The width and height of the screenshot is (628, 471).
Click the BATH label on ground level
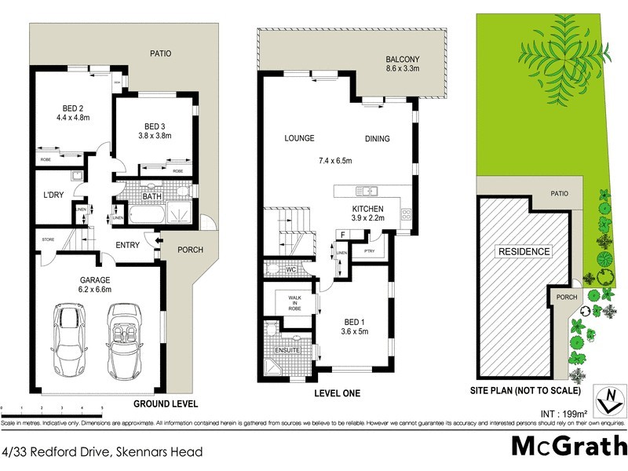[x=152, y=196]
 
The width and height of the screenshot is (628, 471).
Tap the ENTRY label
[x=127, y=246]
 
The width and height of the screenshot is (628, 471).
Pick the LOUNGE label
[x=300, y=139]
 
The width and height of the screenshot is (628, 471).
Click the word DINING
[x=377, y=139]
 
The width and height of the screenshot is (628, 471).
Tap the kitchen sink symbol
[x=366, y=191]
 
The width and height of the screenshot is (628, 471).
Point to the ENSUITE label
[x=287, y=351]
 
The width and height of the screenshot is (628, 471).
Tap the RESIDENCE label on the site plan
[x=522, y=252]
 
